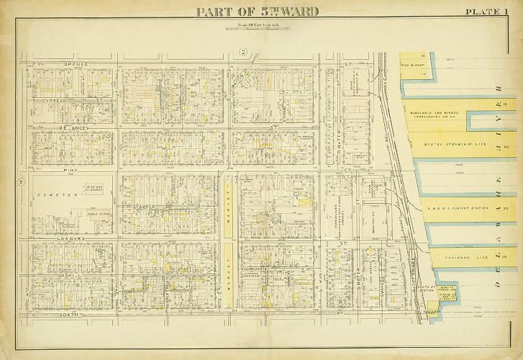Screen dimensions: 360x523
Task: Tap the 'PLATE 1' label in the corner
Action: click(488, 12)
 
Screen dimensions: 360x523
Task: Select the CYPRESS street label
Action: click(55, 100)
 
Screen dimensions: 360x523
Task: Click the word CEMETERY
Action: click(57, 195)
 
